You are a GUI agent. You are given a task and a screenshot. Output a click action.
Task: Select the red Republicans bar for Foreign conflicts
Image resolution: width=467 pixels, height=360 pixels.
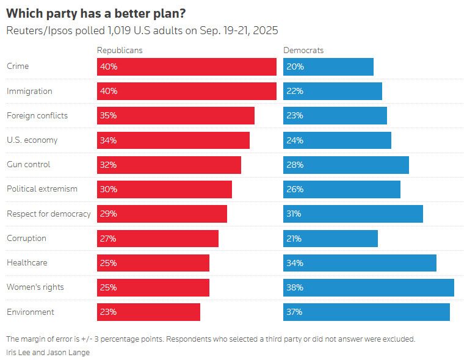click(x=176, y=115)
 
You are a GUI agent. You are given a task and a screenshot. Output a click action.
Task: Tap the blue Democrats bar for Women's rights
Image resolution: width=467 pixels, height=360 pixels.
click(x=369, y=287)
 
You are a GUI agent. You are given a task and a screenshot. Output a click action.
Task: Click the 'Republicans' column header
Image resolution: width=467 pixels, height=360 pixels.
click(x=120, y=50)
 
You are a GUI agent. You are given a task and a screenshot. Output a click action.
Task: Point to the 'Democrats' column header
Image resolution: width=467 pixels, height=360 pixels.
click(x=303, y=50)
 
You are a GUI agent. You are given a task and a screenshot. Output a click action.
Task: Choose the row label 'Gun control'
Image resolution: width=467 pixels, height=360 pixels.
click(x=28, y=165)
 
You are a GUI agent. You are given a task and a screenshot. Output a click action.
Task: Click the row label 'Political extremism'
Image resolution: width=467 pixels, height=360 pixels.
click(x=42, y=189)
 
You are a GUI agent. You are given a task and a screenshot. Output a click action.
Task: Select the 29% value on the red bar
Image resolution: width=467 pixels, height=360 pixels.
click(x=108, y=214)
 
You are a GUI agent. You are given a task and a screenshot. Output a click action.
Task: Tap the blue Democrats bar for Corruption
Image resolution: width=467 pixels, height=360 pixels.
click(x=330, y=239)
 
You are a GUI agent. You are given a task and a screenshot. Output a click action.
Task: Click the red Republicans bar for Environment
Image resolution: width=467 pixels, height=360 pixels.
click(x=148, y=312)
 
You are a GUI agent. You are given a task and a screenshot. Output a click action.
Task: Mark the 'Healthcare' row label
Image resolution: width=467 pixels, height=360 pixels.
click(x=27, y=263)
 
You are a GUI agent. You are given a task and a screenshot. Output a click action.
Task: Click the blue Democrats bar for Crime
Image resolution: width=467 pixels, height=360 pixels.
click(x=328, y=67)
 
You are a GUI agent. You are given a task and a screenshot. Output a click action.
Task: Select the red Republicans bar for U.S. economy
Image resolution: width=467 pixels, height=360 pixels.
click(x=173, y=140)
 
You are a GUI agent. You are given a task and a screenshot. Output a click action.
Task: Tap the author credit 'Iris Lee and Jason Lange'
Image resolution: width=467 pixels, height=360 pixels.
click(x=48, y=353)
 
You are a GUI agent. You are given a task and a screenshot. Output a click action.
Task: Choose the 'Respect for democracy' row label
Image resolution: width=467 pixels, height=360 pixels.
click(x=49, y=214)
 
